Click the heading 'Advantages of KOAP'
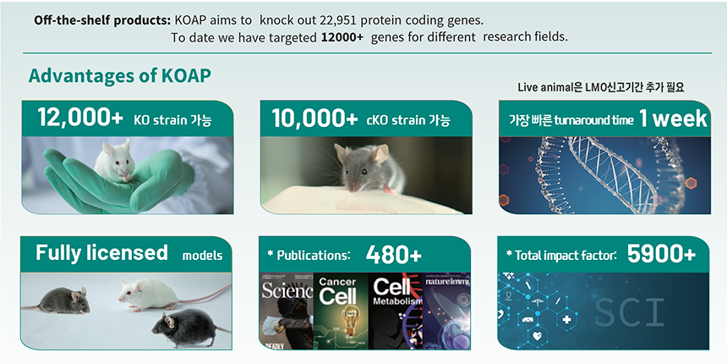click(120, 76)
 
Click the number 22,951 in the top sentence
click(339, 21)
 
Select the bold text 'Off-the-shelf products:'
click(102, 21)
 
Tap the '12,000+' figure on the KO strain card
click(80, 118)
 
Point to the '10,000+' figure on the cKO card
click(314, 119)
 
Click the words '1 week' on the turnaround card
click(673, 119)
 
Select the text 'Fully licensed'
click(101, 253)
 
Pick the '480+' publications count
click(394, 255)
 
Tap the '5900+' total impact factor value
click(661, 255)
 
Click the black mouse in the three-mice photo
click(188, 328)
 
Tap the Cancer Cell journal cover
click(342, 311)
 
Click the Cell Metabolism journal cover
click(396, 311)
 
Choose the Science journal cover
click(287, 311)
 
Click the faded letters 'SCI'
click(629, 312)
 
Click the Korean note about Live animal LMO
click(601, 87)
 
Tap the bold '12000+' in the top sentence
click(342, 37)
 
